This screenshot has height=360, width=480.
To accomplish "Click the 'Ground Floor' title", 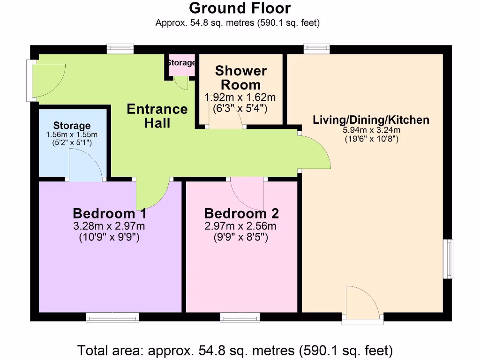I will (240, 8).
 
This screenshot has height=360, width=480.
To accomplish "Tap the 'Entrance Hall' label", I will (157, 116).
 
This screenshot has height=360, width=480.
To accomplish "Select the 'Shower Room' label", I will (240, 78).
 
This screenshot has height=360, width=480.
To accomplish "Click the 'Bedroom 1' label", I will (110, 214).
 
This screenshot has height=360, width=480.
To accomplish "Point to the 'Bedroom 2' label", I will (241, 214).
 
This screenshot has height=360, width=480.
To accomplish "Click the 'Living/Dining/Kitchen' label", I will (371, 120).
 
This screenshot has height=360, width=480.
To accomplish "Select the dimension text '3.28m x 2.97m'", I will (109, 226).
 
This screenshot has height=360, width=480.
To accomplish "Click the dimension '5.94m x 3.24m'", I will (371, 130).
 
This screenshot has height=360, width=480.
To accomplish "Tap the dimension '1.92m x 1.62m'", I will (240, 97).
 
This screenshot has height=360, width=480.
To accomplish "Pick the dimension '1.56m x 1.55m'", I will (72, 135).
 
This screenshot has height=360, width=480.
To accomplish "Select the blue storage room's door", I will (86, 165).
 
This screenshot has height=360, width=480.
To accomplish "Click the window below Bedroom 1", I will (112, 318).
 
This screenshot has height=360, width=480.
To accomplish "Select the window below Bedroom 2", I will (240, 318).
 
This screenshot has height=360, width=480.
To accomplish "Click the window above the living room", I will (316, 48).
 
